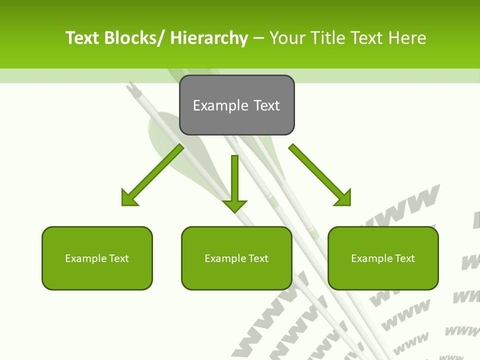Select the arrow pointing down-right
point(320,175)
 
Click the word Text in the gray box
point(266,105)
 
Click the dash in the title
point(258,38)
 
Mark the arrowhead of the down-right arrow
point(342,197)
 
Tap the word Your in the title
point(288,38)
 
